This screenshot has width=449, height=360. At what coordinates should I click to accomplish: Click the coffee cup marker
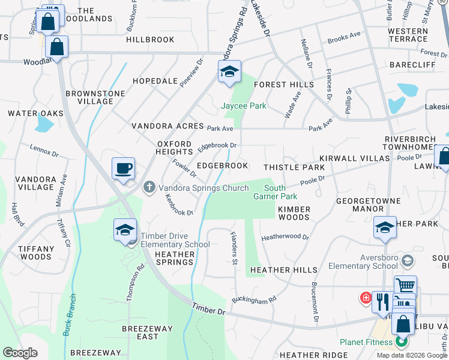123,169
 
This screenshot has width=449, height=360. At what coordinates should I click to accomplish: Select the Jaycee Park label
244,106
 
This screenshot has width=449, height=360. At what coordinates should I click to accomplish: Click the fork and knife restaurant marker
383,302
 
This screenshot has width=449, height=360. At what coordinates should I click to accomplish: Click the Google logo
20,353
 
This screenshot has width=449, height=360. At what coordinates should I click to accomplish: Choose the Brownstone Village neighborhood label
95,97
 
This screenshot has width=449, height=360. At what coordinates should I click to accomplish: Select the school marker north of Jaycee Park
229,71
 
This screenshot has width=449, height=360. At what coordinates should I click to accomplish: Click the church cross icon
150,188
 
